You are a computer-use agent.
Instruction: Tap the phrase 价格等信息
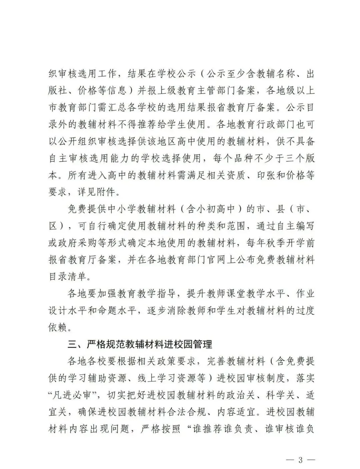[98, 90]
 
